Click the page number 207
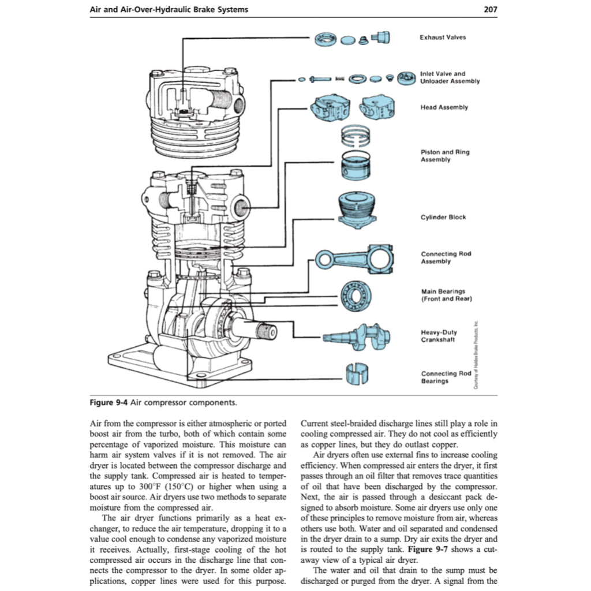tap(488, 9)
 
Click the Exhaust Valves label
tap(443, 38)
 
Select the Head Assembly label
tap(444, 107)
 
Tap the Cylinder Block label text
tap(443, 217)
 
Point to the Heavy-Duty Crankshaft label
tap(439, 336)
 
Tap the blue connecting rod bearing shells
tap(356, 376)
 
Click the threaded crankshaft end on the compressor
tap(268, 332)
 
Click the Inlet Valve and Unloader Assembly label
tap(450, 77)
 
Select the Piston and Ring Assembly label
tap(444, 156)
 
